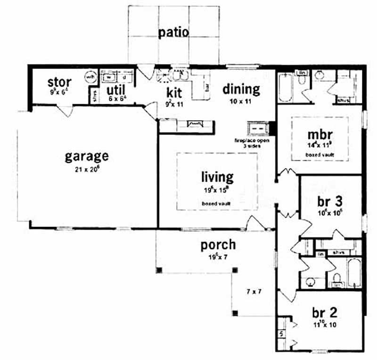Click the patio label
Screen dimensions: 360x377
(x=173, y=33)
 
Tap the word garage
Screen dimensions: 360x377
(x=86, y=156)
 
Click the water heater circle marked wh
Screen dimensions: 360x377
(x=89, y=77)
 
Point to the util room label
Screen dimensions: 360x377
(x=115, y=89)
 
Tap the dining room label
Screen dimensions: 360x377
(x=241, y=89)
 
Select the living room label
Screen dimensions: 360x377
(x=217, y=177)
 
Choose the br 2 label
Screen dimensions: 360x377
(x=324, y=313)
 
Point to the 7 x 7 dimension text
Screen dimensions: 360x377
(x=253, y=292)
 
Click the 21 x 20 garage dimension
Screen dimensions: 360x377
(x=86, y=169)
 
